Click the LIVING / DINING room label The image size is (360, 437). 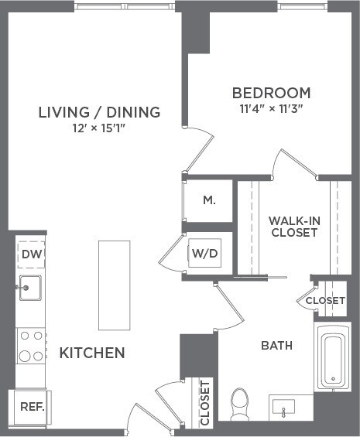(x=99, y=112)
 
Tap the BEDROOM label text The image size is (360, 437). (x=271, y=93)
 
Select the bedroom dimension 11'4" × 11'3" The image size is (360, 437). (x=271, y=108)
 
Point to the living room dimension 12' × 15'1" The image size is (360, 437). (x=99, y=128)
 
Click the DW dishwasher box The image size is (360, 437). (x=31, y=254)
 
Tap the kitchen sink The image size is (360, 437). (x=30, y=288)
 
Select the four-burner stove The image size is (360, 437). (x=31, y=346)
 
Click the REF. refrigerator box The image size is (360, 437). (x=32, y=406)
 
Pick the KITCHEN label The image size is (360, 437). (x=92, y=353)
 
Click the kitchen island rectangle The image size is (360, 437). (x=114, y=285)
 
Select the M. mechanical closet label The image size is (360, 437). (x=208, y=200)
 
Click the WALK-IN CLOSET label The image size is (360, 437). (x=293, y=226)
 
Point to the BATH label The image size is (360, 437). (x=276, y=346)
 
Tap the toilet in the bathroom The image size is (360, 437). (x=240, y=402)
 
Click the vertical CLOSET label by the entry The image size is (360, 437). (x=205, y=402)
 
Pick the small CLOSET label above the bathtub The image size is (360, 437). (x=324, y=300)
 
